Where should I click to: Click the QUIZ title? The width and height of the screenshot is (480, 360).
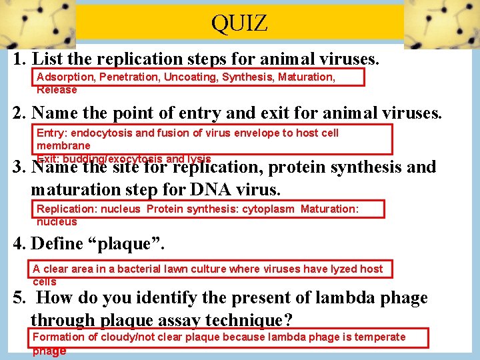pyautogui.click(x=239, y=24)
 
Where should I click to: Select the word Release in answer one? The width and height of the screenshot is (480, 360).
pyautogui.click(x=57, y=89)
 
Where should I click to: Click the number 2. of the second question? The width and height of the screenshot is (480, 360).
pyautogui.click(x=20, y=113)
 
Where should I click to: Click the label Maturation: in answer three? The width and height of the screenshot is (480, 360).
pyautogui.click(x=329, y=209)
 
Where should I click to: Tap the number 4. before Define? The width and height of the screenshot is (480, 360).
pyautogui.click(x=20, y=244)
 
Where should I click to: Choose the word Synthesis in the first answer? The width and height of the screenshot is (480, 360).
pyautogui.click(x=247, y=77)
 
